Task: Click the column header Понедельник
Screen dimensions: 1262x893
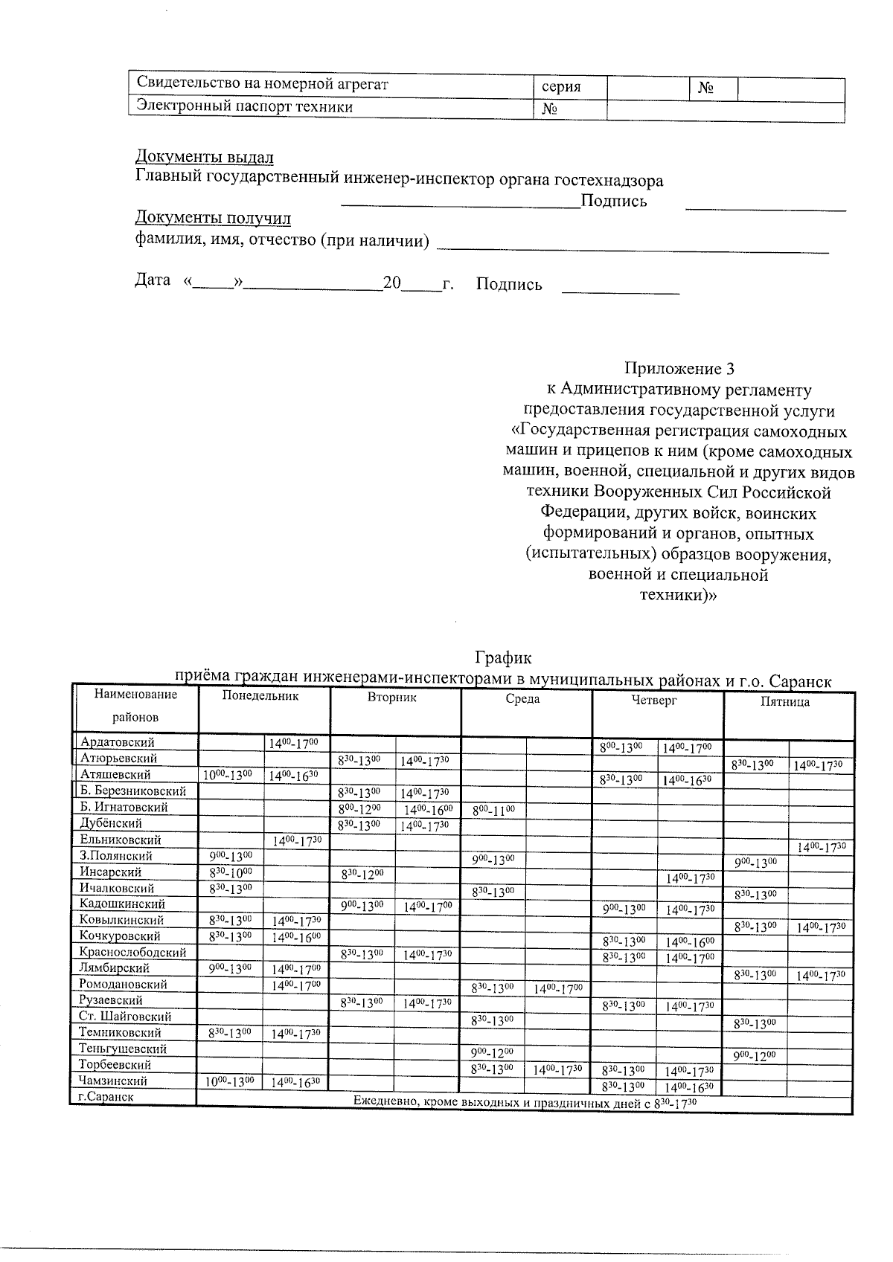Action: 260,696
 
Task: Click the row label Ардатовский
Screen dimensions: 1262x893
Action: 117,742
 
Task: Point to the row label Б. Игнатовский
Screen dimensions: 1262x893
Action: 124,807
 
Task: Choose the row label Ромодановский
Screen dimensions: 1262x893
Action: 123,984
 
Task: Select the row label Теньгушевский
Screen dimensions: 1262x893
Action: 123,1049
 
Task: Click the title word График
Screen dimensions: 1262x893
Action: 503,658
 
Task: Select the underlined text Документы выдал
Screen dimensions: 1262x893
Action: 204,157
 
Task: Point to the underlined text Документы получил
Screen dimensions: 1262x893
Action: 213,219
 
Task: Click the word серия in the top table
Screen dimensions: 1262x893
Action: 562,88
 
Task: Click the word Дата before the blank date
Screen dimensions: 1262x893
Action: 153,281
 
